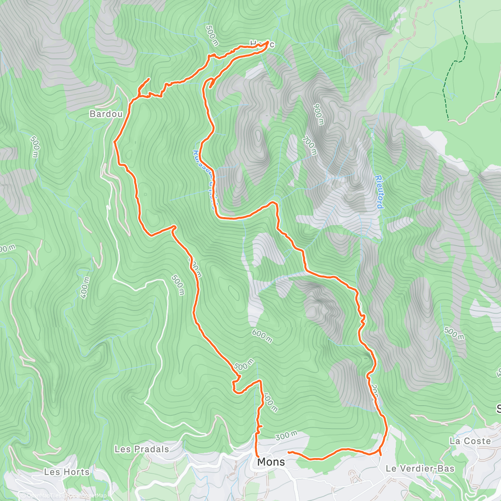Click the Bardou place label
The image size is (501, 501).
pos(106,114)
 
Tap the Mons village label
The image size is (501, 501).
pos(271,462)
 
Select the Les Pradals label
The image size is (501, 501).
pos(142,449)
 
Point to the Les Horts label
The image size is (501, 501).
pos(67,472)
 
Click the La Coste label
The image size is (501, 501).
pos(470,441)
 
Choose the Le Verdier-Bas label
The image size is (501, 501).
pos(420,468)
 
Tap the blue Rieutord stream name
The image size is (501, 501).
pos(379,192)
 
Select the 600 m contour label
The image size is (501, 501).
pos(262,336)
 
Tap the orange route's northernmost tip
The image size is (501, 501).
pos(267,42)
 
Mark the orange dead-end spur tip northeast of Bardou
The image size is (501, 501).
pos(149,78)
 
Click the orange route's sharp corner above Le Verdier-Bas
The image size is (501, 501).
pos(380,454)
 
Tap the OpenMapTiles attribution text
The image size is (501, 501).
pos(42,496)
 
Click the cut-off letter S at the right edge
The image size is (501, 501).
pos(498,408)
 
